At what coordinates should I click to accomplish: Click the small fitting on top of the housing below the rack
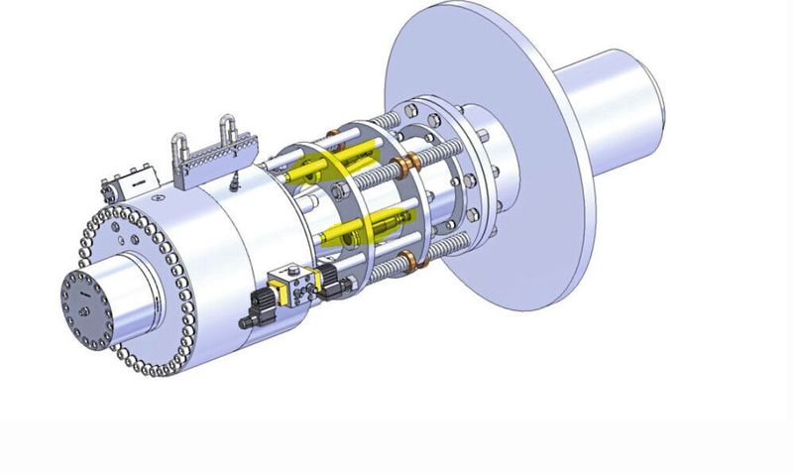(x=231, y=184)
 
